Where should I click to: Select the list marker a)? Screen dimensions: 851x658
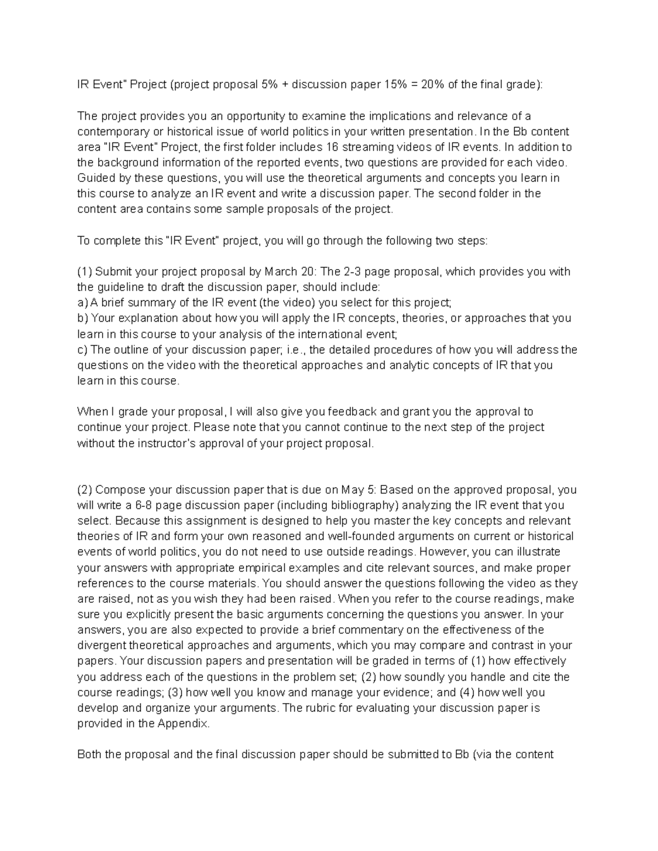tap(82, 303)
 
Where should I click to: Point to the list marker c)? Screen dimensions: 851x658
tap(82, 350)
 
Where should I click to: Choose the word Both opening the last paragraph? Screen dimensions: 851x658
tap(90, 755)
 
